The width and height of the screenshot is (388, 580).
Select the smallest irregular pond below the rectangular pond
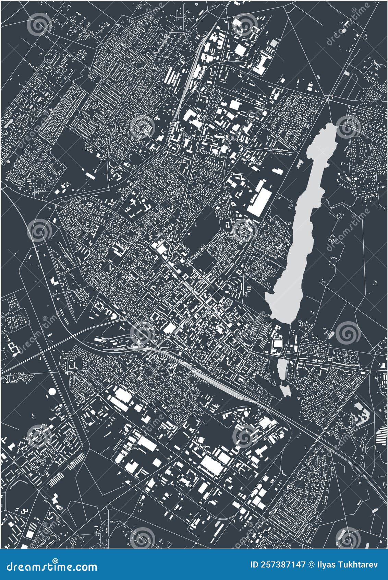tap(285, 390)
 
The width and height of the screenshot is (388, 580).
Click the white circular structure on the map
tap(52, 391)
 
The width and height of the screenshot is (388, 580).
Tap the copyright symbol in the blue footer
tap(312, 565)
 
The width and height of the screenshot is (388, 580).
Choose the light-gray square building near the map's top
tap(273, 43)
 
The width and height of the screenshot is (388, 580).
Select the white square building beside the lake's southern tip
tap(277, 343)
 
